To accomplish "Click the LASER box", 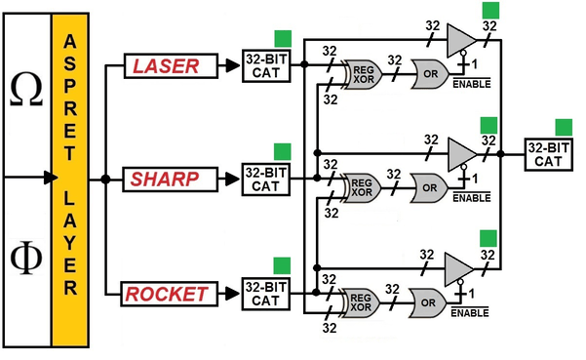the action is click(x=171, y=66).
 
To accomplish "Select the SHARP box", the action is click(x=170, y=180).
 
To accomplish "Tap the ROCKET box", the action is click(x=170, y=294).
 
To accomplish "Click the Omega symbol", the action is click(x=26, y=90).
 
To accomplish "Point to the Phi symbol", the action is click(x=26, y=258).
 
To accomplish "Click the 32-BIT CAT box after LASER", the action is click(x=266, y=65).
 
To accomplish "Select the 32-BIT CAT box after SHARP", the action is click(x=266, y=180).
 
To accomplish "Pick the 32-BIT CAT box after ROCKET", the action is click(x=266, y=294).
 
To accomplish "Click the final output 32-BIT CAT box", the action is click(x=548, y=155).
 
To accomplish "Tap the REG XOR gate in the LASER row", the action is click(x=363, y=74).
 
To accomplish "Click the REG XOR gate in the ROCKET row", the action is click(x=360, y=302).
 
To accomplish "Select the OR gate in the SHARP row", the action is click(x=429, y=187).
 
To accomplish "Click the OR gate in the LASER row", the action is click(x=430, y=74).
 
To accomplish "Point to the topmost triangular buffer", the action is click(x=459, y=40).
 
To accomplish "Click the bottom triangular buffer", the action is click(x=457, y=269).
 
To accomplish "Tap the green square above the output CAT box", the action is click(x=564, y=128).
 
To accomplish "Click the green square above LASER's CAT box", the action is click(x=283, y=39).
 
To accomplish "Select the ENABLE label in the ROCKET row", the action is click(x=470, y=312).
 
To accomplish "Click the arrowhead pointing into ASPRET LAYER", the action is click(x=51, y=178).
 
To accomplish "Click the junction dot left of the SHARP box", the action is click(x=105, y=180).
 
